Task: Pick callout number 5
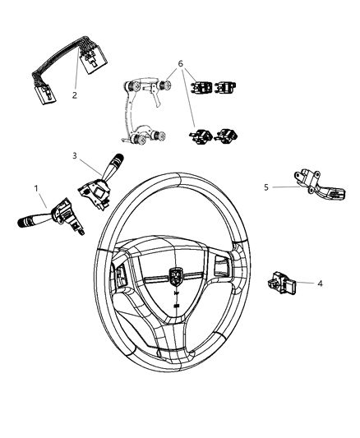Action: pos(266,187)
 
